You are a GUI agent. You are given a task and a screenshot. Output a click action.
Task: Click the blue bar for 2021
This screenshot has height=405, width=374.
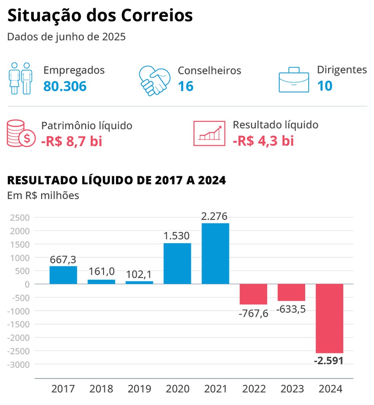click(x=215, y=254)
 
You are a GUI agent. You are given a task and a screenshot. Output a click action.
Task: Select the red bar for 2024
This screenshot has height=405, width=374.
click(x=329, y=318)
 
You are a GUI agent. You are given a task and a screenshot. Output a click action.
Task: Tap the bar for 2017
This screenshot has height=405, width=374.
click(x=63, y=275)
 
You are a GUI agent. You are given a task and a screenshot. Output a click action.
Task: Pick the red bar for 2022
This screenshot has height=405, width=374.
click(x=253, y=294)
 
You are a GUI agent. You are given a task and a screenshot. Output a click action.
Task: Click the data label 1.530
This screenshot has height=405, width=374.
click(x=177, y=236)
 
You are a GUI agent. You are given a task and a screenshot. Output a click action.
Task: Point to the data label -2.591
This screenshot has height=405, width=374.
click(x=329, y=360)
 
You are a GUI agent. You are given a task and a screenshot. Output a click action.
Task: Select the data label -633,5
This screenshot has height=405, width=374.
click(x=291, y=309)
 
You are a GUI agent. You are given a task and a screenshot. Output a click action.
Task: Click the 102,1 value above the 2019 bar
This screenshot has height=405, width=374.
click(x=139, y=275)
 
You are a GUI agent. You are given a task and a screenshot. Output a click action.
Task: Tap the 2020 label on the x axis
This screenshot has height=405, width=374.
click(x=177, y=389)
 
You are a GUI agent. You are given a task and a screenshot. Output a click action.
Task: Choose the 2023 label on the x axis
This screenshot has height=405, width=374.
click(x=292, y=389)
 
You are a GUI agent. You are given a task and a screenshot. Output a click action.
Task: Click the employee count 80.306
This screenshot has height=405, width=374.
click(x=65, y=86)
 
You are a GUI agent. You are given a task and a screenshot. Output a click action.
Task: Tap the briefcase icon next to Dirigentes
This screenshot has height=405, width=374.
click(x=294, y=80)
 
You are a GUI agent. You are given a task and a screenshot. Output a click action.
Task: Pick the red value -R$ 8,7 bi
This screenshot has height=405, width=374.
click(x=71, y=142)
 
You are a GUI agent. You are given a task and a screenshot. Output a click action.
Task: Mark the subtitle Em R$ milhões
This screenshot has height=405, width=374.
click(x=43, y=196)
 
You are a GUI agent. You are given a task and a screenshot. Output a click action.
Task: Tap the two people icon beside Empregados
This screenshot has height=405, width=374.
click(x=21, y=78)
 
